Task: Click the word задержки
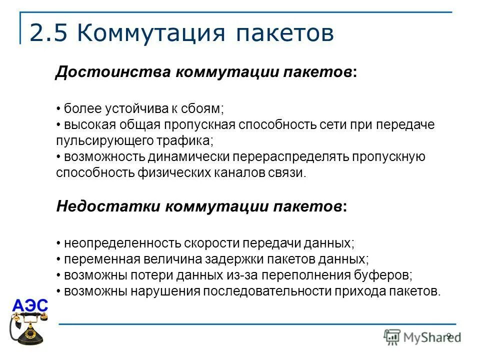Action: pos(234,259)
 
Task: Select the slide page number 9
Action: pos(448,335)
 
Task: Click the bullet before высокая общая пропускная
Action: pos(58,125)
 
